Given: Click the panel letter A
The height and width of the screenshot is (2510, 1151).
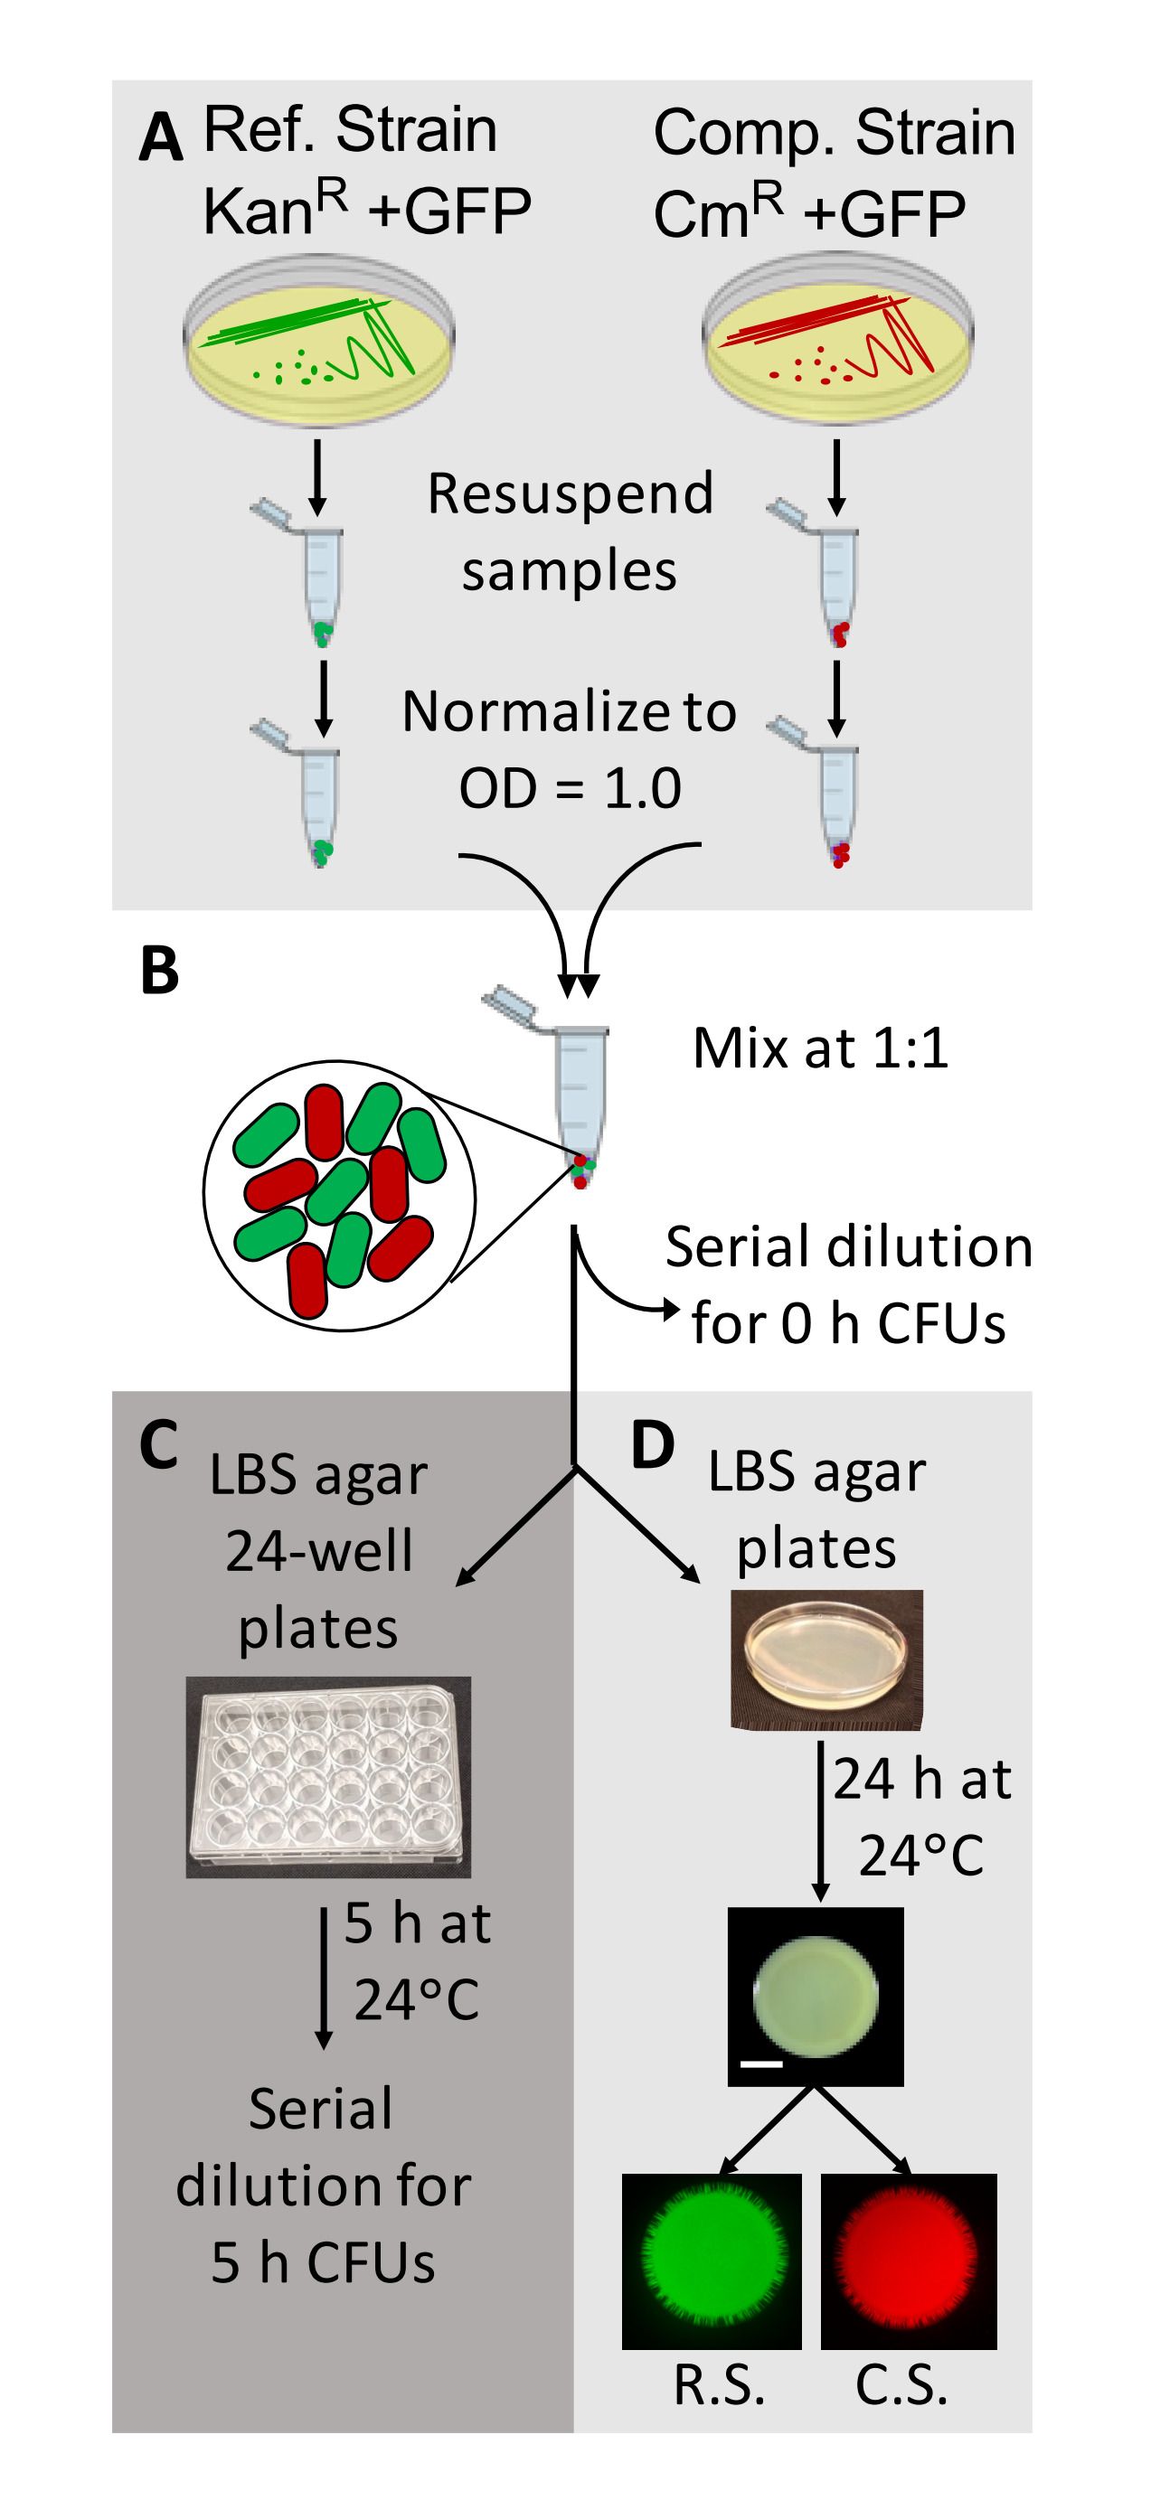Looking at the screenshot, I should point(161,138).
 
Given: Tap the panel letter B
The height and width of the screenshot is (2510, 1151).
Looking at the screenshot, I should point(160,972).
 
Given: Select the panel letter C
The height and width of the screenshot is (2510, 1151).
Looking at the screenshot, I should point(159,1445).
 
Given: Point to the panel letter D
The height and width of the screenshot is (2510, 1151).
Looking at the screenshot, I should point(653,1446).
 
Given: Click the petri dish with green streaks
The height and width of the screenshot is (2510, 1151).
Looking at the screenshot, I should point(318,342).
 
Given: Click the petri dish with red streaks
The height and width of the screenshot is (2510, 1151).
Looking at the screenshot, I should point(837,340).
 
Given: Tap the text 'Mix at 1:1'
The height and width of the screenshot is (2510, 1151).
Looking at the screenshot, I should point(820,1049).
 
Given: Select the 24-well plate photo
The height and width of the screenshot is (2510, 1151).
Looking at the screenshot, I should point(328,1777).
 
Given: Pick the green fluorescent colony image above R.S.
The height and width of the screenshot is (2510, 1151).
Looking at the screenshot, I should point(712,2260).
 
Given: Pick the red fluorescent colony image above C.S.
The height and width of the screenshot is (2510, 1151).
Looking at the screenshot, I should point(909,2260).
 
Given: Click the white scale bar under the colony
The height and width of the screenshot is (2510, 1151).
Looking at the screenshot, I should point(761,2063).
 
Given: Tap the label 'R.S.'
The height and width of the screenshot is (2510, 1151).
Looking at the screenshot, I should point(719,2386).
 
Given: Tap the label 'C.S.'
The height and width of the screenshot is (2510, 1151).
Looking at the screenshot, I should point(901,2386).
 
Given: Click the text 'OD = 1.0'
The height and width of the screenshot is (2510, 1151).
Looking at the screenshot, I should point(571,788).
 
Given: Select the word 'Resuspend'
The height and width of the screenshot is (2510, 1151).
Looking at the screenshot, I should point(571,494).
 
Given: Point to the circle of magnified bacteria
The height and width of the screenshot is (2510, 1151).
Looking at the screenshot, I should point(339,1196).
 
